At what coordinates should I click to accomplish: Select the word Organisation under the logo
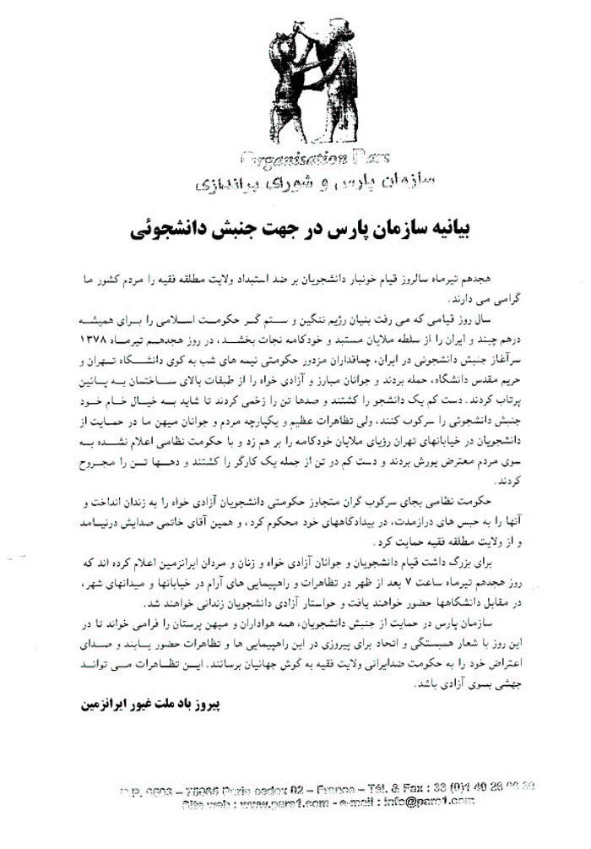(283, 158)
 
